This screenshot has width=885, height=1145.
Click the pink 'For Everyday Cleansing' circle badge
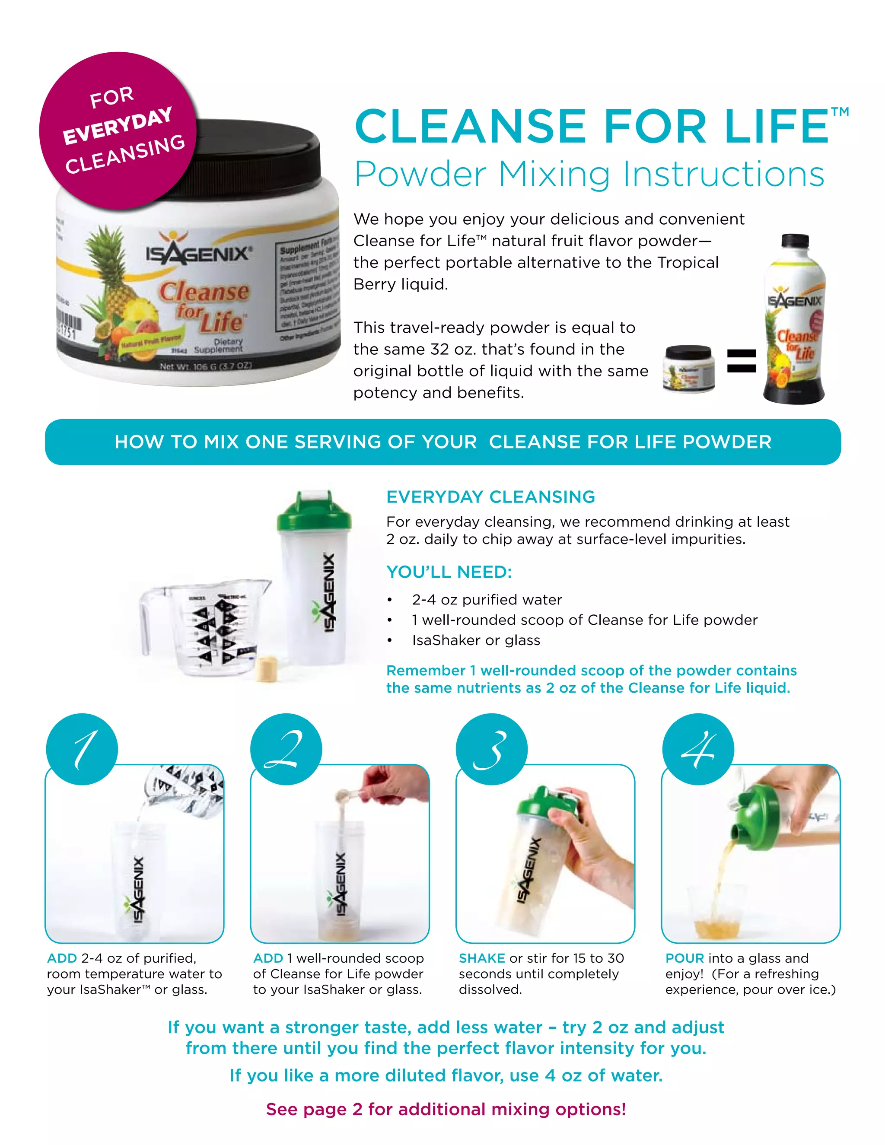118,131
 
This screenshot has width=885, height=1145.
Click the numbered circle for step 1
82,749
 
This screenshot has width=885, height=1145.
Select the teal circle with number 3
491,749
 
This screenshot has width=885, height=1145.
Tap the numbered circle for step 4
698,749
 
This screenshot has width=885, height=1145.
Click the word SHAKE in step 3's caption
481,958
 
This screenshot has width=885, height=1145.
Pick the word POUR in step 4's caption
684,958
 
